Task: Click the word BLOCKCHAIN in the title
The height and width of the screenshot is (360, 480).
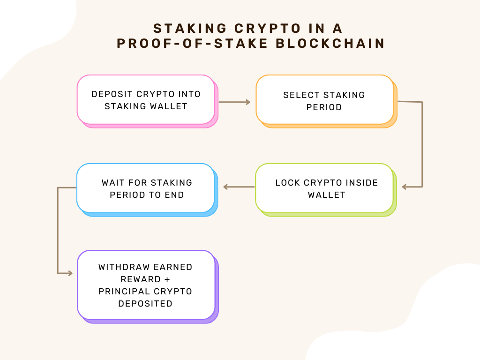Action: click(x=330, y=43)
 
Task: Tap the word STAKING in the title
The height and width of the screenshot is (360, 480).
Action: click(x=190, y=29)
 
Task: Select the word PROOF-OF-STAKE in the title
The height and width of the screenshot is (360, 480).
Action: click(x=192, y=43)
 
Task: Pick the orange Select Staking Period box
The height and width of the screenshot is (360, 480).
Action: click(x=326, y=101)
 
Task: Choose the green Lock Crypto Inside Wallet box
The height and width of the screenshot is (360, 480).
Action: click(x=326, y=190)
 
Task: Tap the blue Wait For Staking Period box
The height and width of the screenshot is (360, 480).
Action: click(x=147, y=190)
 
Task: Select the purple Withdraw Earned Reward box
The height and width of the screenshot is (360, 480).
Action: click(x=148, y=286)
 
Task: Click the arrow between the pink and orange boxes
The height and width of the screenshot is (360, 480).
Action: click(x=234, y=102)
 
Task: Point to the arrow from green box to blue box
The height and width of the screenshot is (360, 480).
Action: click(x=239, y=187)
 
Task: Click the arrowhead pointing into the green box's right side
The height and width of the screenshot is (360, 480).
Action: click(x=404, y=187)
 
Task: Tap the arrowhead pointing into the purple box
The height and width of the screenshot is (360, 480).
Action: click(x=70, y=273)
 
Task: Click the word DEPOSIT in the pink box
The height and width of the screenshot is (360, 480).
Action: click(x=112, y=94)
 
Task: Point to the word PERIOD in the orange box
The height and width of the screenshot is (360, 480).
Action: click(x=324, y=107)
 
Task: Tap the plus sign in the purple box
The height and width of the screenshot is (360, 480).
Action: click(x=167, y=279)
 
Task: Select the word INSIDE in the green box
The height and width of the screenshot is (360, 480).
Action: click(x=361, y=183)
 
